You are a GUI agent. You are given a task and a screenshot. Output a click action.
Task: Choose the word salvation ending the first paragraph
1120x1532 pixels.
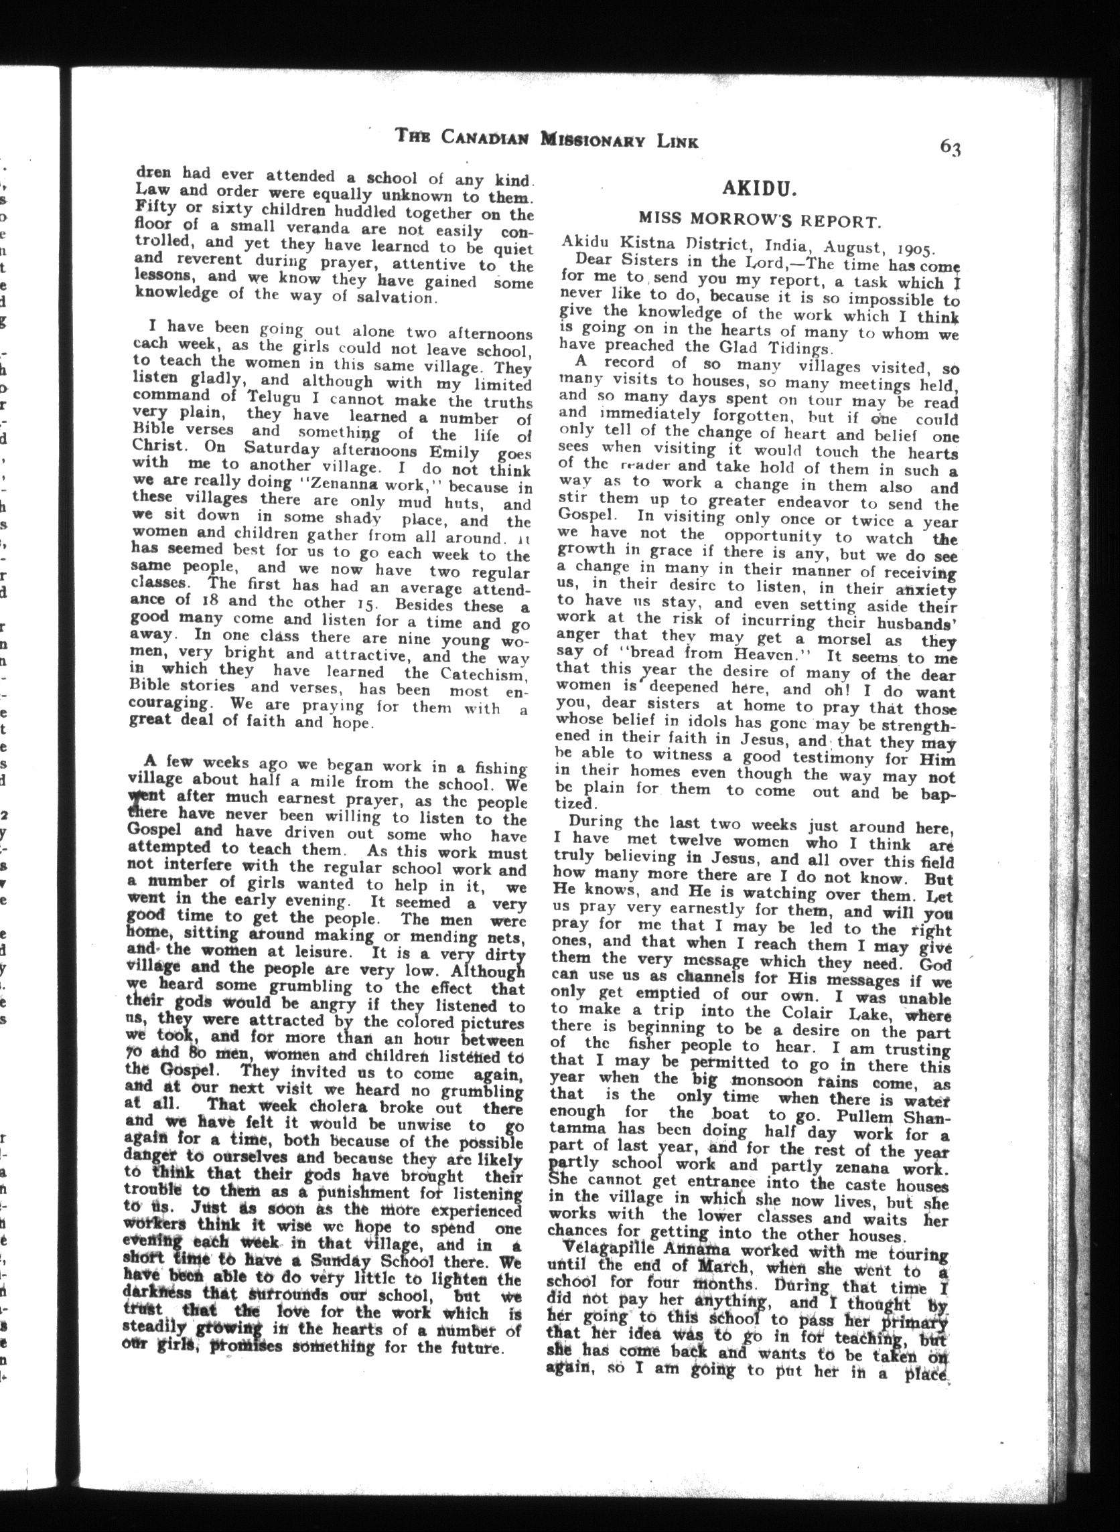pyautogui.click(x=393, y=297)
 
